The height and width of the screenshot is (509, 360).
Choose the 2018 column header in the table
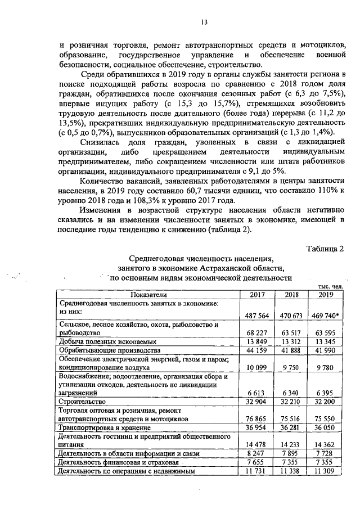point(291,294)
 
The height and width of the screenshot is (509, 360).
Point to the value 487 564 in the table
point(258,316)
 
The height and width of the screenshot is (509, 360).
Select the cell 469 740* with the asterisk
point(325,316)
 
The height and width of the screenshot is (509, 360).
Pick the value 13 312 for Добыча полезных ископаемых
point(291,343)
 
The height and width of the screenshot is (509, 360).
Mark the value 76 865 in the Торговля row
point(258,419)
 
